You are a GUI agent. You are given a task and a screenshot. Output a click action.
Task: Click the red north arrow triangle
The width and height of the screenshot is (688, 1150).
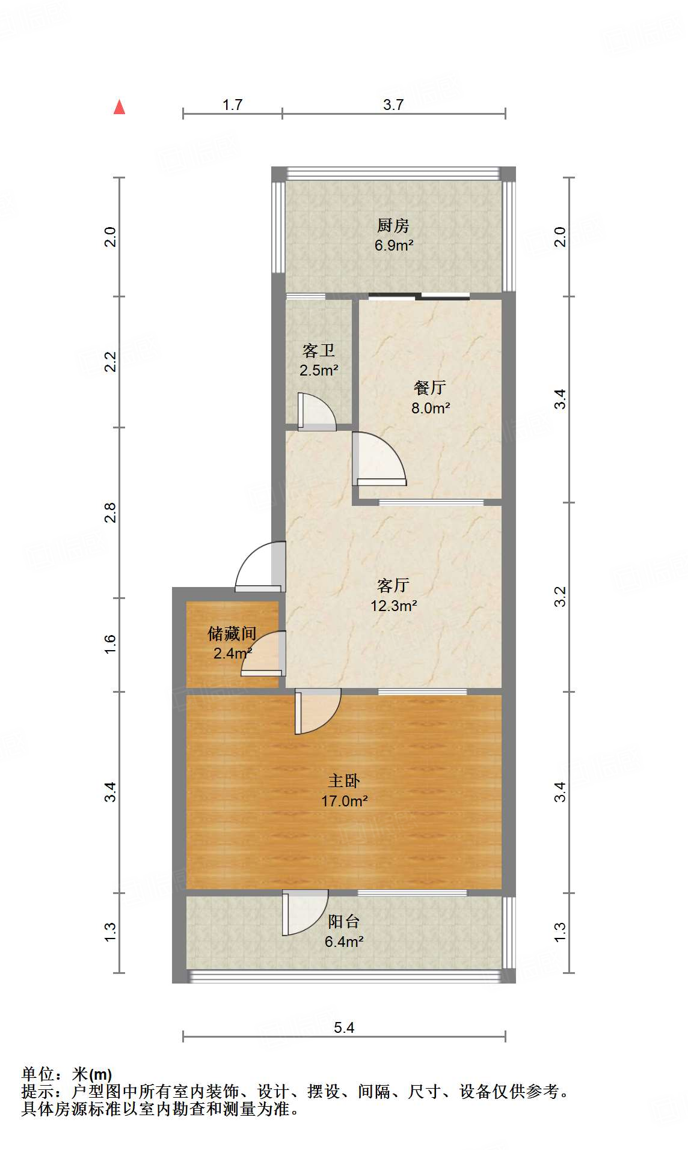point(120,108)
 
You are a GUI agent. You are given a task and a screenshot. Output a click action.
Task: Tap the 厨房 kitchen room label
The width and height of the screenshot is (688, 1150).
point(393,225)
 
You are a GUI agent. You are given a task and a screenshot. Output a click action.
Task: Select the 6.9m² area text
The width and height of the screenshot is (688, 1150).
point(393,245)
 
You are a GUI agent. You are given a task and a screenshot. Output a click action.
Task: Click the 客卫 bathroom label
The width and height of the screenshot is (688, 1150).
point(318,350)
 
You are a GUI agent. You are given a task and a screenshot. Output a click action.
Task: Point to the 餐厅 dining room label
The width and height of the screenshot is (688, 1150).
point(430,388)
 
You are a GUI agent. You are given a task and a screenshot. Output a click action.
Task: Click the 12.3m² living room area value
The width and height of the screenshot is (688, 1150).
point(393,606)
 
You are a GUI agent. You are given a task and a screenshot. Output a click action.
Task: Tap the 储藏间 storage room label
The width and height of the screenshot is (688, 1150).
point(232,633)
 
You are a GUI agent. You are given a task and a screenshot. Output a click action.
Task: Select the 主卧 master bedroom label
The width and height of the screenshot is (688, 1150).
point(344,780)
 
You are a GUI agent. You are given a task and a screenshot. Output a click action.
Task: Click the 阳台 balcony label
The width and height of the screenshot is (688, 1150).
point(344,921)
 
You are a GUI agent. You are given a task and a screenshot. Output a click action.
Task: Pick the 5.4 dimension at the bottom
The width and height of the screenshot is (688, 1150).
point(344,1027)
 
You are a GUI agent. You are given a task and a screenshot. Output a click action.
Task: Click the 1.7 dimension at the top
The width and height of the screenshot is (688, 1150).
point(232,105)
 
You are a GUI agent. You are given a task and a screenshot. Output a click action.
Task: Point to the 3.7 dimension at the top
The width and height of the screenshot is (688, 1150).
point(393,105)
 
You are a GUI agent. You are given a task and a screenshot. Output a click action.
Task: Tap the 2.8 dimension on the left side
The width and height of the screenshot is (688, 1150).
point(110,512)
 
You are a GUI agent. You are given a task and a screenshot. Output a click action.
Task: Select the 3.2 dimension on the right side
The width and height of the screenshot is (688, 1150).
point(560,596)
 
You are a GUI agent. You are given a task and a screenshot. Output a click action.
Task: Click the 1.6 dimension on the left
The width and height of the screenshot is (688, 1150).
point(110,644)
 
